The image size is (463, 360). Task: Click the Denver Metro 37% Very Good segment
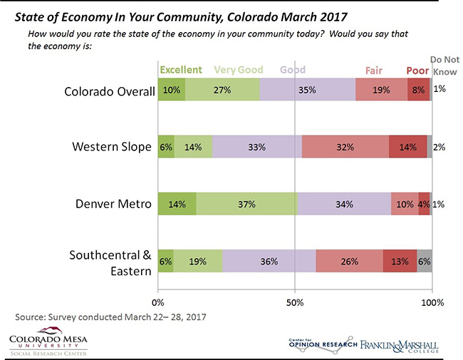pyautogui.click(x=246, y=204)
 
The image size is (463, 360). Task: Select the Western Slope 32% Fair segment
pyautogui.click(x=345, y=147)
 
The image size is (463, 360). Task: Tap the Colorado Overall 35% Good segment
pyautogui.click(x=308, y=91)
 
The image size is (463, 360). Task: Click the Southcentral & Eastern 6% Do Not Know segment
pyautogui.click(x=425, y=261)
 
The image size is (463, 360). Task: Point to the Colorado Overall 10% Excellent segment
pyautogui.click(x=171, y=91)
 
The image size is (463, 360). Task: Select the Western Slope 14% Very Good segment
pyautogui.click(x=192, y=147)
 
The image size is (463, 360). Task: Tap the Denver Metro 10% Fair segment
pyautogui.click(x=405, y=204)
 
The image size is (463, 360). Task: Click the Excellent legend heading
pyautogui.click(x=181, y=70)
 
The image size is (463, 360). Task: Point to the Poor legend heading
pyautogui.click(x=417, y=70)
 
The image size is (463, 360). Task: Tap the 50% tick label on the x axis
pyautogui.click(x=295, y=302)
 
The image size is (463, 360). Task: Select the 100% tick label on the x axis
pyautogui.click(x=432, y=302)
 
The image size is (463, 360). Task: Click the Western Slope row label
pyautogui.click(x=112, y=147)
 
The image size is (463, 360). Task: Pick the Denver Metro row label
pyautogui.click(x=114, y=204)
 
